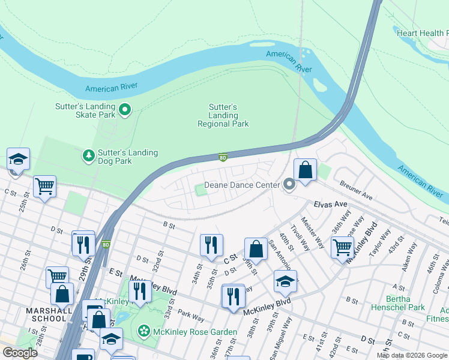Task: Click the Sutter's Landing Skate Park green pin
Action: click(x=125, y=109)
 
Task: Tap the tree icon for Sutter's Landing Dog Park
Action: click(x=89, y=157)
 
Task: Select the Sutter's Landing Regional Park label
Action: click(x=223, y=115)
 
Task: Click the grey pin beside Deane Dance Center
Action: click(x=289, y=185)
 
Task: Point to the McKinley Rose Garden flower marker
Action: click(x=143, y=331)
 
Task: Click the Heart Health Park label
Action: click(x=422, y=33)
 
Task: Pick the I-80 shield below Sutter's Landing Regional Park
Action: click(x=223, y=158)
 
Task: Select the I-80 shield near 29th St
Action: click(x=106, y=244)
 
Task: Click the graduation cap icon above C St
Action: click(x=19, y=160)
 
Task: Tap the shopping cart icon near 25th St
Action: click(x=44, y=187)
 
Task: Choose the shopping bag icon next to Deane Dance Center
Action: click(x=306, y=170)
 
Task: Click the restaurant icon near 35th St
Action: click(x=211, y=245)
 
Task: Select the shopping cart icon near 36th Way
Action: click(x=342, y=246)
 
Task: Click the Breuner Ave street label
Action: click(x=356, y=192)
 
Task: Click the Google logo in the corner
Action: click(x=19, y=352)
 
